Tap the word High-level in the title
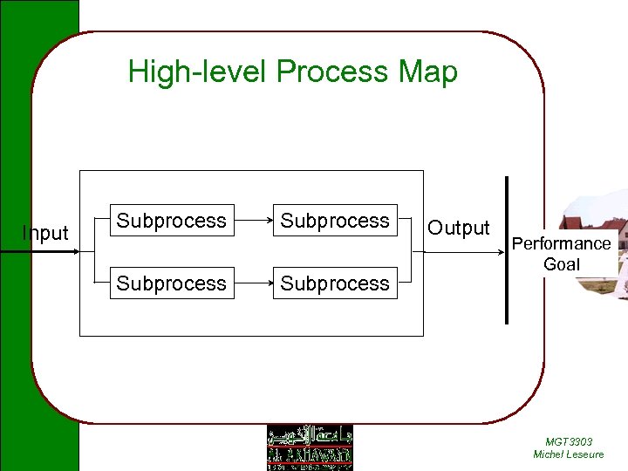tap(198, 72)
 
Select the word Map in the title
tap(427, 72)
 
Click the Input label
tap(45, 233)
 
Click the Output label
tap(458, 228)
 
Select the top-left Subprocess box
tap(172, 221)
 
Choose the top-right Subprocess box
tap(335, 221)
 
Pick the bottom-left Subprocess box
tap(172, 283)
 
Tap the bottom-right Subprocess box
tap(335, 283)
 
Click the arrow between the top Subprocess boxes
tap(254, 221)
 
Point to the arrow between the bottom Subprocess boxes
tap(254, 283)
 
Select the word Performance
tap(561, 243)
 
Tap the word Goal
tap(561, 263)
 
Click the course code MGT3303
tap(569, 442)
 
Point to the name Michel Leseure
tap(569, 454)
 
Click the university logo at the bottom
tap(310, 447)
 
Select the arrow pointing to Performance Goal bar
tap(462, 252)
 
